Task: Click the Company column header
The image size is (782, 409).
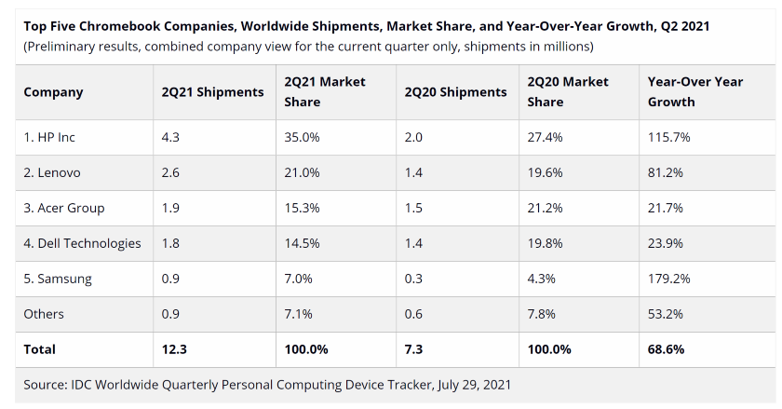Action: tap(53, 92)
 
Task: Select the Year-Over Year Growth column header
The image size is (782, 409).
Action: tap(694, 91)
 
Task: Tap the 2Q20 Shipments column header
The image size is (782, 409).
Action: tap(455, 92)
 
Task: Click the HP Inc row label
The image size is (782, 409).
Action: tap(49, 137)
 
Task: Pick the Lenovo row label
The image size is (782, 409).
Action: tap(52, 172)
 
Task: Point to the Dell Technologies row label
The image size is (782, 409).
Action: tap(82, 243)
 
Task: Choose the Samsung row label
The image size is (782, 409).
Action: tap(58, 279)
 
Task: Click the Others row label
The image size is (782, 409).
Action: tap(44, 314)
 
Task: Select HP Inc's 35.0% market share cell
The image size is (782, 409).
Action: tap(302, 137)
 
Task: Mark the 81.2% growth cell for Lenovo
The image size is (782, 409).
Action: tap(665, 172)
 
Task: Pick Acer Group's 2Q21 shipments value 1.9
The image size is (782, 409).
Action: tap(172, 208)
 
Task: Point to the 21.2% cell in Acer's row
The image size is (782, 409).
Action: tap(545, 208)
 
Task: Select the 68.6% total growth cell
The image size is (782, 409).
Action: tap(666, 349)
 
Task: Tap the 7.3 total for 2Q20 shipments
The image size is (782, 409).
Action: tap(415, 349)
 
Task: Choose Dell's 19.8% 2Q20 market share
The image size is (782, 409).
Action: tap(545, 243)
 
